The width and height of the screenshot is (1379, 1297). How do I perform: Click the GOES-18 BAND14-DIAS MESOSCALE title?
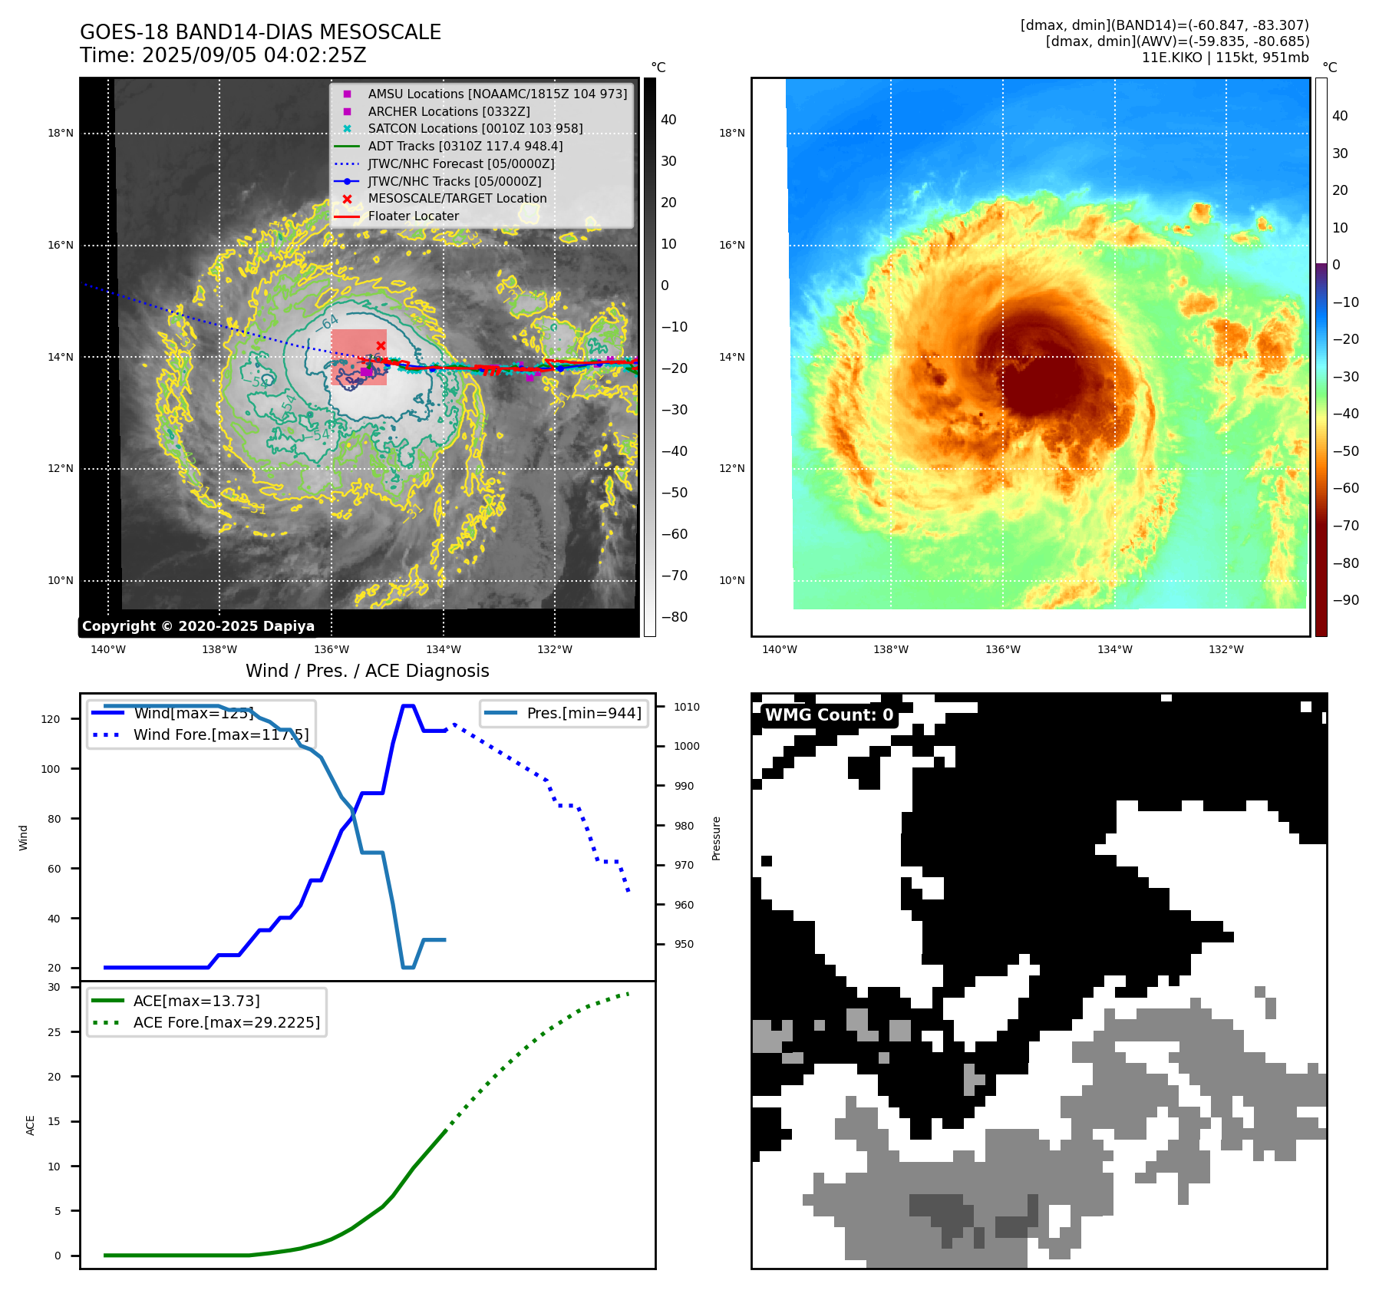(260, 32)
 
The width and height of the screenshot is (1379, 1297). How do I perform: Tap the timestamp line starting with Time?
(223, 55)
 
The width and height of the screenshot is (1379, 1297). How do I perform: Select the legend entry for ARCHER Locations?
(448, 111)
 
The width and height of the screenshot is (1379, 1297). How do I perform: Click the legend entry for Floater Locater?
(413, 216)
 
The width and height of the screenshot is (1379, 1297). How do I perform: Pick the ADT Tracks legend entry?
(465, 146)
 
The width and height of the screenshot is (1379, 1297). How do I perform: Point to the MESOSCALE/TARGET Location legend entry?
(457, 199)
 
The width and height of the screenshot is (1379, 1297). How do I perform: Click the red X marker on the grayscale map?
(381, 346)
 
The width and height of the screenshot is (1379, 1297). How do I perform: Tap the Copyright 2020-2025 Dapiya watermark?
(198, 626)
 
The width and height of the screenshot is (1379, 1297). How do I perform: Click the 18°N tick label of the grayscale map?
(61, 133)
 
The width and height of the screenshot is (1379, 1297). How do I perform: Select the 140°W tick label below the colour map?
(779, 649)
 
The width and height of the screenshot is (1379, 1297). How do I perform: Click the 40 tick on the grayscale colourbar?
(668, 120)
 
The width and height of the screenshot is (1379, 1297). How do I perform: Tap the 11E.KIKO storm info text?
(1225, 58)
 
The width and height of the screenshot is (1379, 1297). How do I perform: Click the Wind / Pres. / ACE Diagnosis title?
(367, 671)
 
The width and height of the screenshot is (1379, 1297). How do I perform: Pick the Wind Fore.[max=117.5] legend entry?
(220, 734)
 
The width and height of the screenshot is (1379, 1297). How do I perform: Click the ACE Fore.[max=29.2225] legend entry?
(226, 1022)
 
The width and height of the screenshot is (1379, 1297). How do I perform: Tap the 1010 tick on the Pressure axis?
(687, 707)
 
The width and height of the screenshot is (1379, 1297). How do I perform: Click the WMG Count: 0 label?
(829, 715)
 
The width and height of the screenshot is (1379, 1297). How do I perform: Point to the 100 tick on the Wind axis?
(51, 769)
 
